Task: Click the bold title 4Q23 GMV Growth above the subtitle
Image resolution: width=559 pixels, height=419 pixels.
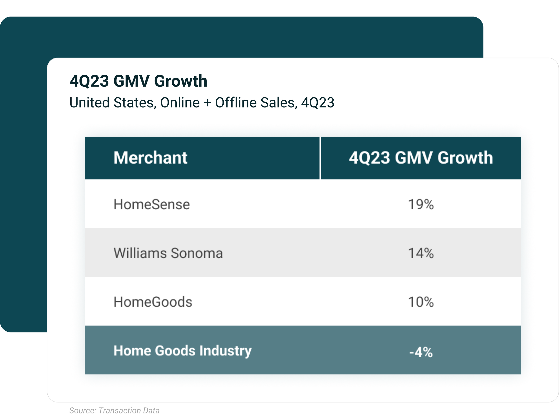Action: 138,81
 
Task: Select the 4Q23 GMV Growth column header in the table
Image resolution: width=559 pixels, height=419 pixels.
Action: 421,158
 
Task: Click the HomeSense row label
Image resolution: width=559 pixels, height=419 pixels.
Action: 152,204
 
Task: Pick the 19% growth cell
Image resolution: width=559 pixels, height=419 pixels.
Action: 421,204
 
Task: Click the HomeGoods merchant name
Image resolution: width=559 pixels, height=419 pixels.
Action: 153,302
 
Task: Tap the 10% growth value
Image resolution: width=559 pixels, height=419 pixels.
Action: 421,302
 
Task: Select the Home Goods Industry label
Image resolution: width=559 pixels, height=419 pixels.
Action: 182,351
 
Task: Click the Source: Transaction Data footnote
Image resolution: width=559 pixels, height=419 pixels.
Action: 114,411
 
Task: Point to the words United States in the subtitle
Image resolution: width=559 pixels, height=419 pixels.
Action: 111,103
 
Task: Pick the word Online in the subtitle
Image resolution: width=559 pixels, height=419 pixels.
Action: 180,103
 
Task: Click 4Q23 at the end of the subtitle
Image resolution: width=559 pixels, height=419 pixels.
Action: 318,103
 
